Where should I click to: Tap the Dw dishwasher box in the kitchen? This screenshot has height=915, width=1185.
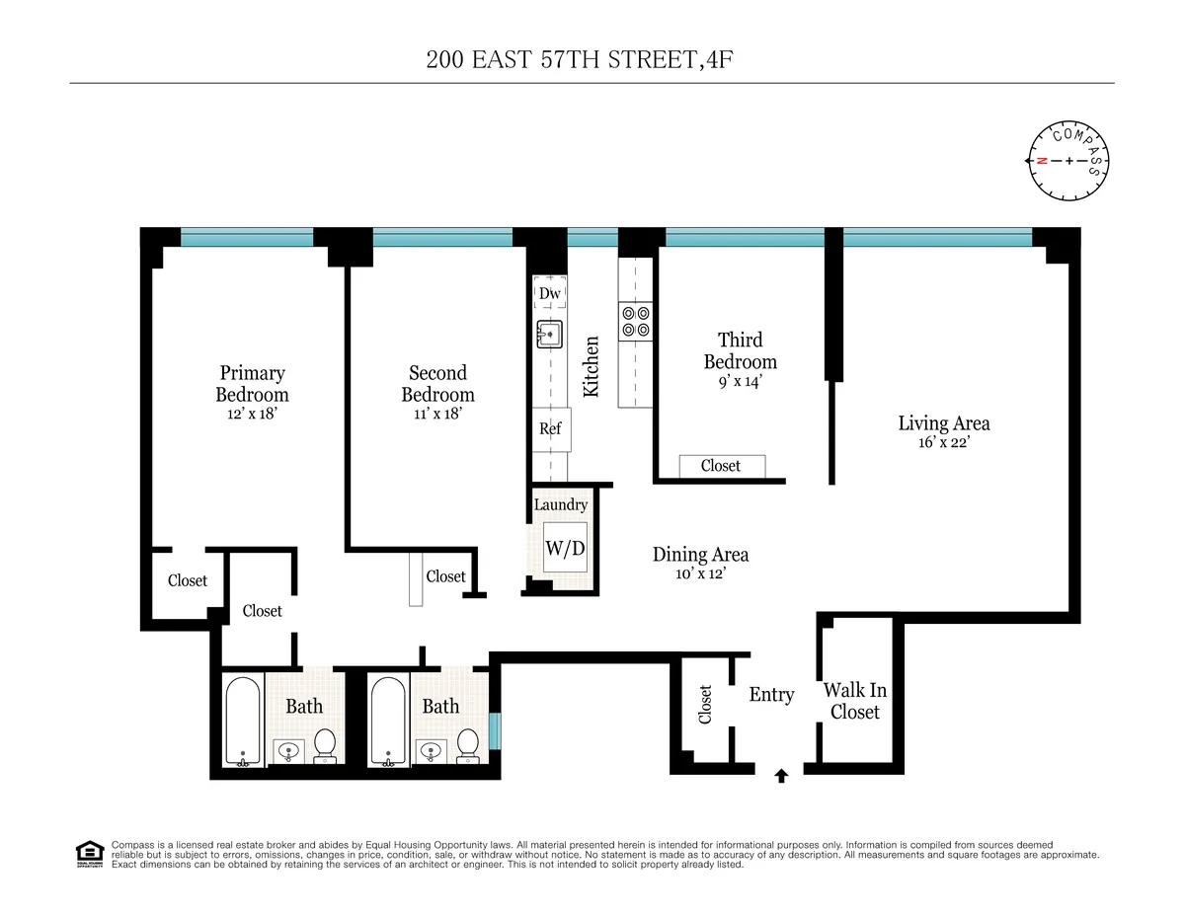coord(550,293)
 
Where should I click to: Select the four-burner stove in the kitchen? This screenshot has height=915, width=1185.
coord(635,321)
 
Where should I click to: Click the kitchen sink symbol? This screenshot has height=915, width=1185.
coord(549,335)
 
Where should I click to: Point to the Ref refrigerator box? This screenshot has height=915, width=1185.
coord(550,428)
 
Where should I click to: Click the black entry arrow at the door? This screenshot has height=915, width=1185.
coord(781,776)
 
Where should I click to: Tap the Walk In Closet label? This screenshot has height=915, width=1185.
coord(854,701)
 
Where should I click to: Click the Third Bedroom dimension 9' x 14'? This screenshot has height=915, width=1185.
coord(740,383)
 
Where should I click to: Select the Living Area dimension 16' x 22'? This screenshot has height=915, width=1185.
coord(943,444)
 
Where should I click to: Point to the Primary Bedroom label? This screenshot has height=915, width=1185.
coord(252,383)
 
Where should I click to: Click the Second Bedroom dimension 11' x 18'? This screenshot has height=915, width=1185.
coord(436,415)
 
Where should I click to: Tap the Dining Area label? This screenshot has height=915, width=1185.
coord(700,555)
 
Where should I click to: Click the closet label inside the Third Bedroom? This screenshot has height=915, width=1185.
coord(721,466)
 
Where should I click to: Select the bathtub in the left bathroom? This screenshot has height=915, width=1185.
coord(242,721)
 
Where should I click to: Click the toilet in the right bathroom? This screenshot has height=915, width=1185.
coord(469,745)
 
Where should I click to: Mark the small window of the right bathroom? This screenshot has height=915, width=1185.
coord(495,731)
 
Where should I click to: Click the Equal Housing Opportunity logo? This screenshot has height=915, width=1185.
coord(90,854)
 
